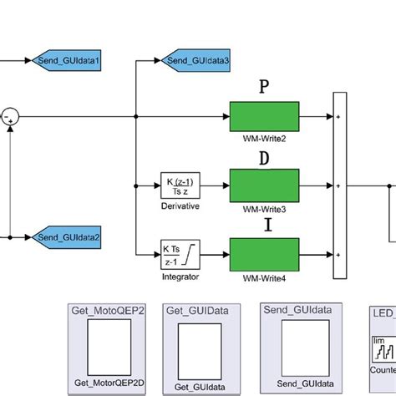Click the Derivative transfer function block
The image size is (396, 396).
click(x=181, y=183)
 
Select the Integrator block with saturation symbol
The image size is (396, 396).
click(x=181, y=250)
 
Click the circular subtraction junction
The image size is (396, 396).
click(x=9, y=115)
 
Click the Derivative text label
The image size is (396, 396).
click(x=181, y=205)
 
